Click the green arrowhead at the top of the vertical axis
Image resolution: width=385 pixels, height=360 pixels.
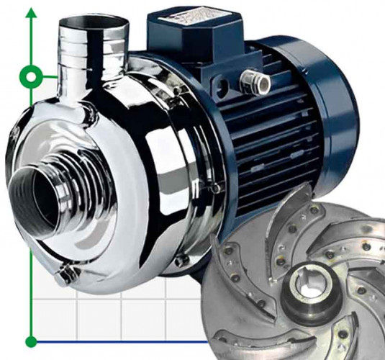click(x=31, y=14)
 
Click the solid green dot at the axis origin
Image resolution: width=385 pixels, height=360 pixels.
click(x=31, y=341)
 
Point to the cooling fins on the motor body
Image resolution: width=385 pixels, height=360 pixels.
click(x=281, y=144)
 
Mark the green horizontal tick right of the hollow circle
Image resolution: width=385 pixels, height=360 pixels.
click(x=49, y=75)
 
